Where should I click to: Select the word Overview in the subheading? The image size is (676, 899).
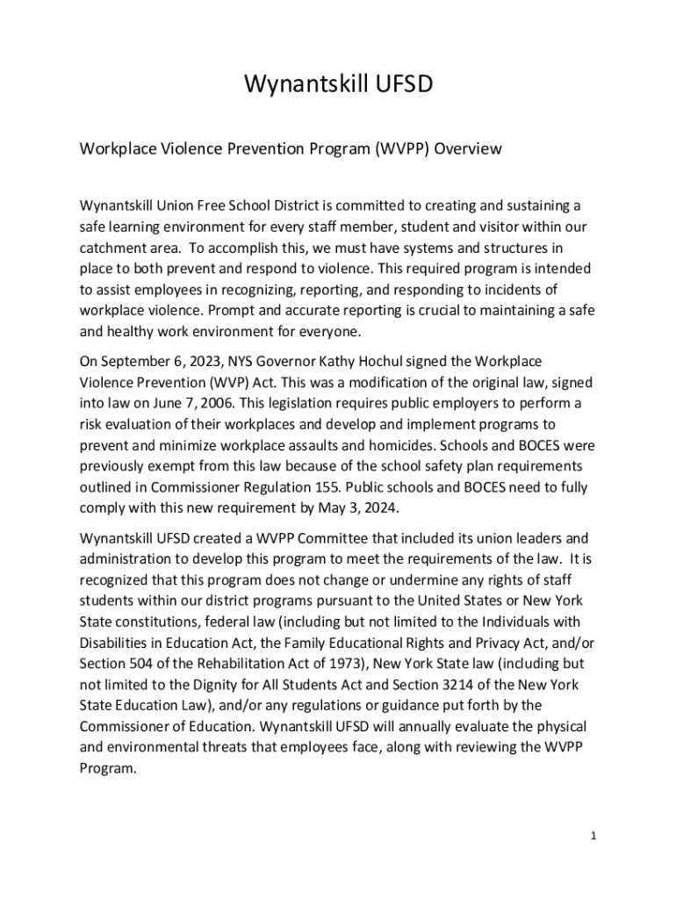470,148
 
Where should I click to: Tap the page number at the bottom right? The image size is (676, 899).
593,835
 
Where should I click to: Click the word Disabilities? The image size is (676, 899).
119,643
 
